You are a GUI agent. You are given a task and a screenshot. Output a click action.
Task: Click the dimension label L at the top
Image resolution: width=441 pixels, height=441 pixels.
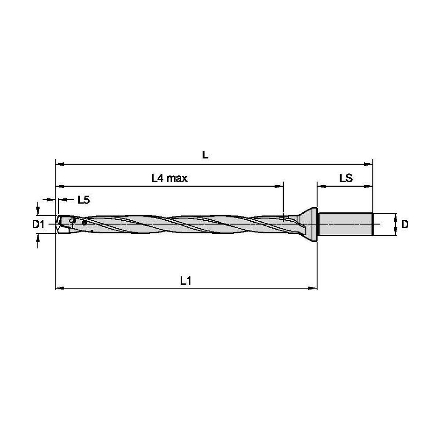pyautogui.click(x=205, y=155)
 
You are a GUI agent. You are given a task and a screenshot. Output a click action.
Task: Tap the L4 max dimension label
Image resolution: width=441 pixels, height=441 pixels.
pyautogui.click(x=169, y=178)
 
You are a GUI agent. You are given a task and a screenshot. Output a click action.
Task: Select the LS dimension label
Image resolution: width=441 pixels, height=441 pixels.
pyautogui.click(x=346, y=178)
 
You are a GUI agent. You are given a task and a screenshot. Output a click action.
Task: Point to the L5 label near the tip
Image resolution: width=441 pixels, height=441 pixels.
pyautogui.click(x=84, y=200)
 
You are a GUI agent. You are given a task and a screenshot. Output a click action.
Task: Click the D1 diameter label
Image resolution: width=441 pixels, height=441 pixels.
pyautogui.click(x=38, y=225)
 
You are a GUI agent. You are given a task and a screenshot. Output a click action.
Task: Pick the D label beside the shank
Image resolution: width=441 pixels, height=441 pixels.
pyautogui.click(x=405, y=224)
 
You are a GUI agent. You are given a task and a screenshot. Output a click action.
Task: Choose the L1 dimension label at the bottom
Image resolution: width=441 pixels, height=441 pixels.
pyautogui.click(x=186, y=281)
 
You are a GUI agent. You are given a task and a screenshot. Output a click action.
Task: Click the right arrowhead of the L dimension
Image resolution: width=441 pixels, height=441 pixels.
pyautogui.click(x=368, y=164)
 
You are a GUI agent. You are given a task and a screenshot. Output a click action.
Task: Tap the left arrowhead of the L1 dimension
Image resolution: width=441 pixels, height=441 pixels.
pyautogui.click(x=60, y=288)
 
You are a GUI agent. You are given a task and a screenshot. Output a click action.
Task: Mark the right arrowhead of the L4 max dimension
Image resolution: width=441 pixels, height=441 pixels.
pyautogui.click(x=279, y=186)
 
